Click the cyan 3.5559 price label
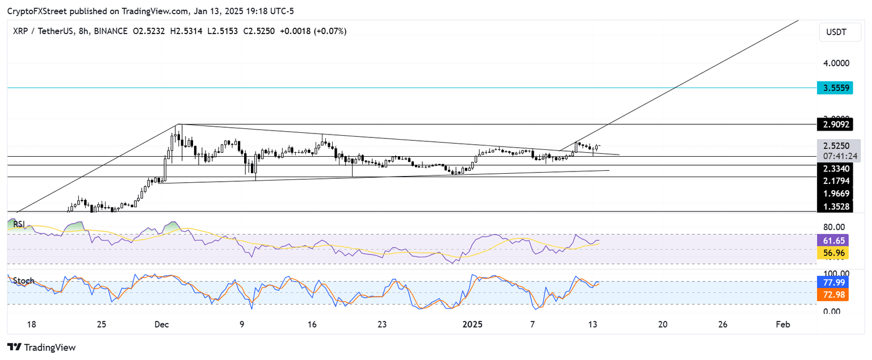coord(833,88)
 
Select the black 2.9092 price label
coord(833,124)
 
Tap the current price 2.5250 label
coord(833,145)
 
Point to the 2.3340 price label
coord(833,168)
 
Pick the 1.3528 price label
coord(833,207)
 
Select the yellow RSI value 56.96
coord(832,253)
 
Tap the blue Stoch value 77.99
coord(832,281)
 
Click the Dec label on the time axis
coord(162,324)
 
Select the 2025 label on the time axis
coord(472,324)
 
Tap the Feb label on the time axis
coord(782,324)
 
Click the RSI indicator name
coord(19,224)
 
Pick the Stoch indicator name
coord(24,281)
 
